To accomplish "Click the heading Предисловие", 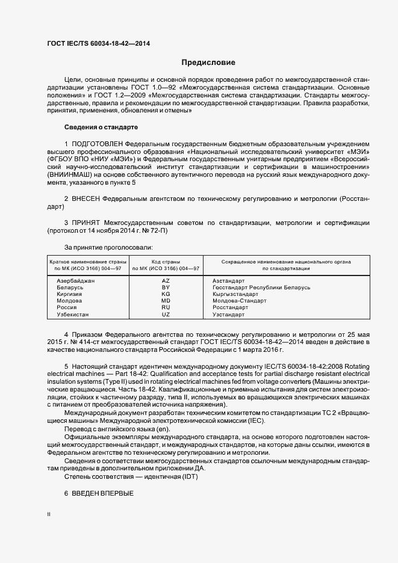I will (x=208, y=63).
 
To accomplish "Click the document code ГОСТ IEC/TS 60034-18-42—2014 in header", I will (x=98, y=43).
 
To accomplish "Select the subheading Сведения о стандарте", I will (x=101, y=128).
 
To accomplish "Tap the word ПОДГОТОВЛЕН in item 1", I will (x=98, y=144).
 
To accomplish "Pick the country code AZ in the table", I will (x=166, y=281).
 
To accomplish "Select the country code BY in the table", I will (x=166, y=288).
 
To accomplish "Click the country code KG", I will (x=166, y=294).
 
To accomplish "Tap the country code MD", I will (x=166, y=301).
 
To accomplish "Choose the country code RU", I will (x=166, y=307).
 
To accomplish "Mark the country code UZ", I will (x=166, y=315).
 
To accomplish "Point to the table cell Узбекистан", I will (x=72, y=315).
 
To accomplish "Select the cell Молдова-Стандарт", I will (x=240, y=301).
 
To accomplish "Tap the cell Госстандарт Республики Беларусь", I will (x=261, y=288).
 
